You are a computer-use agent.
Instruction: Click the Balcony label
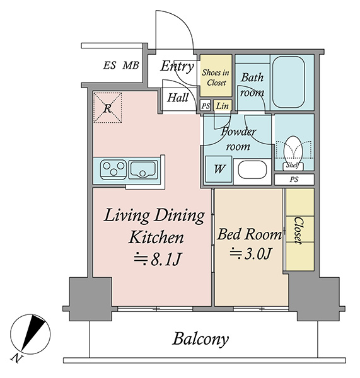click(200, 340)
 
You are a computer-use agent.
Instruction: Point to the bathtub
click(289, 82)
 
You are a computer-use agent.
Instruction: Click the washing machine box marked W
click(219, 169)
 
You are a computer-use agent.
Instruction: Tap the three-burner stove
click(113, 169)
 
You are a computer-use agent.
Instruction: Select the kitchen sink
click(142, 169)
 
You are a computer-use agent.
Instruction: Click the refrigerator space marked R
click(107, 108)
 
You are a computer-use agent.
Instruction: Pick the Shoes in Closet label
click(216, 77)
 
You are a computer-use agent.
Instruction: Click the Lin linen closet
click(223, 106)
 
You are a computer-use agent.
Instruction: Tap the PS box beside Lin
click(206, 106)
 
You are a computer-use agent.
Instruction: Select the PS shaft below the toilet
click(294, 180)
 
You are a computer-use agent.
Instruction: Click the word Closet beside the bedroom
click(298, 231)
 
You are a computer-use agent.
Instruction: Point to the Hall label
click(178, 98)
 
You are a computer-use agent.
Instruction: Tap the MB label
click(131, 66)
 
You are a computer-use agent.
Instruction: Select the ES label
click(110, 66)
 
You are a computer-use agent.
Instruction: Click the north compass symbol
click(30, 335)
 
